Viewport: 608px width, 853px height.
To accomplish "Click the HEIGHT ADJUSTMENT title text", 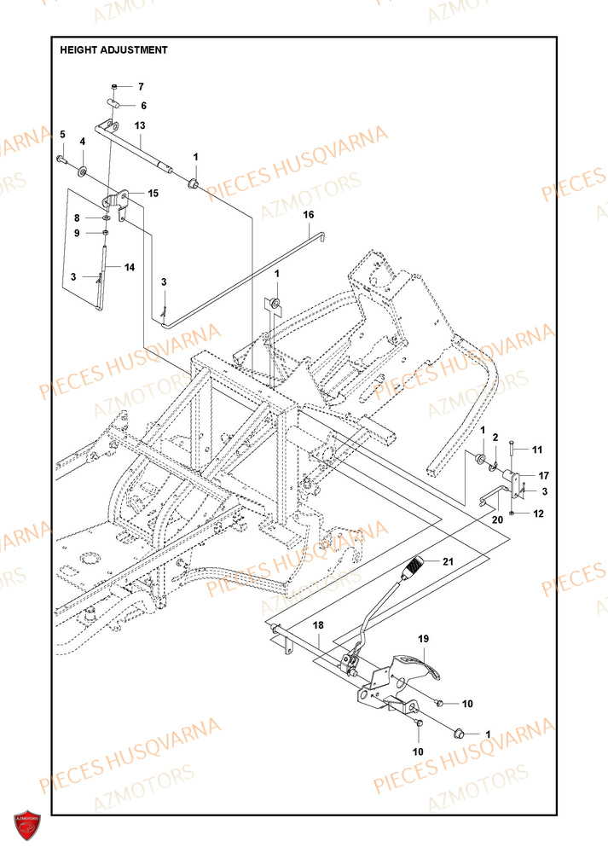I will pyautogui.click(x=113, y=50).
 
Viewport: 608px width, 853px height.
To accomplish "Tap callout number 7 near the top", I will pyautogui.click(x=142, y=87).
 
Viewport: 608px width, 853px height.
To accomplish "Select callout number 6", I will pyautogui.click(x=143, y=106).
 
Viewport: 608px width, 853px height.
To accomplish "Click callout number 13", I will pyautogui.click(x=140, y=125).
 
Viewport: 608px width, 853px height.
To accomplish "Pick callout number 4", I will pyautogui.click(x=83, y=141).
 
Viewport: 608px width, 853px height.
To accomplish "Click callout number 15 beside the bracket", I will pyautogui.click(x=153, y=194).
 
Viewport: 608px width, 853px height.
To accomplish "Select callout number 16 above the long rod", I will pyautogui.click(x=308, y=214).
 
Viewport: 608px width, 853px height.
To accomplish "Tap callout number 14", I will pyautogui.click(x=130, y=267).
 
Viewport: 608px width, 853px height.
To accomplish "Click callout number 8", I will pyautogui.click(x=76, y=218).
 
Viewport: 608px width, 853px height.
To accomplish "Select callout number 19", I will pyautogui.click(x=422, y=638).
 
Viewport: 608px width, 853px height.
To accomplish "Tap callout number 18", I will pyautogui.click(x=317, y=626).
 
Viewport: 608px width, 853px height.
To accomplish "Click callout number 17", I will pyautogui.click(x=543, y=475).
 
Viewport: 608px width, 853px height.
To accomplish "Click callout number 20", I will pyautogui.click(x=497, y=518).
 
